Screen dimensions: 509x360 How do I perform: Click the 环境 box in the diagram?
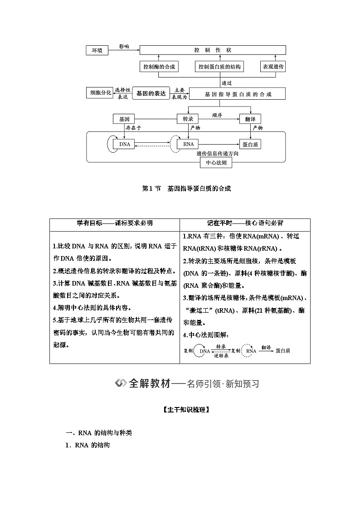coord(97,50)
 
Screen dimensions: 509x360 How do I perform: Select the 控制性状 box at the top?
coord(212,50)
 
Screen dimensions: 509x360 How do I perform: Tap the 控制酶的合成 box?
coord(158,67)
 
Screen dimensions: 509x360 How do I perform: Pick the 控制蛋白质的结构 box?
coord(219,67)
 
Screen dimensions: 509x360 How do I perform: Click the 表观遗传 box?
coord(273,67)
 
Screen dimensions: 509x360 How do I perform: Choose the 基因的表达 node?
coord(151,93)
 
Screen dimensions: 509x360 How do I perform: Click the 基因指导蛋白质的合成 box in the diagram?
coord(238,94)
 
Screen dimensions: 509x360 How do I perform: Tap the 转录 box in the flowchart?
coord(188,119)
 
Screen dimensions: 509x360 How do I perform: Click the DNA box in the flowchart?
coord(124,144)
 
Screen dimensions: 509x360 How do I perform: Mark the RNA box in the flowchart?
coord(188,144)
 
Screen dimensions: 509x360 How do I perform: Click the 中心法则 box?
coord(216,162)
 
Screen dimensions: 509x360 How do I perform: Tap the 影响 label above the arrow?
coord(124,46)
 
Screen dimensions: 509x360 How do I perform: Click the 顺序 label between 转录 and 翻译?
coord(217,115)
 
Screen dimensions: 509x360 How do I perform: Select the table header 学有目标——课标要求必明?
coord(114,223)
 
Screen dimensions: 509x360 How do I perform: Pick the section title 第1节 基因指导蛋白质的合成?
coord(187,189)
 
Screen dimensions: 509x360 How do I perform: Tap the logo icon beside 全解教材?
coord(121,383)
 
